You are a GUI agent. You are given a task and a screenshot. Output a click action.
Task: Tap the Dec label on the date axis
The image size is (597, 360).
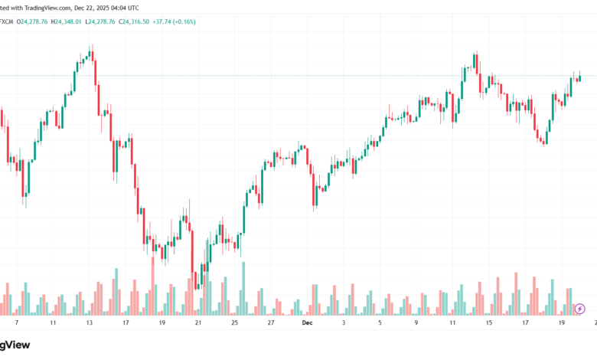(307, 323)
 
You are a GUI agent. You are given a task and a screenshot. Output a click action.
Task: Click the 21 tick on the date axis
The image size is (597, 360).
(198, 323)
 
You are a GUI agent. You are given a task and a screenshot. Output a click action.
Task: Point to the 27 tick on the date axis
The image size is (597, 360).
(271, 323)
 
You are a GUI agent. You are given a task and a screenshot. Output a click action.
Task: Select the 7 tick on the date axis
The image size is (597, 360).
(16, 323)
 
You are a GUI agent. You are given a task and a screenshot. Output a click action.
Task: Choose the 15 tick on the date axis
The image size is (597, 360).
(489, 323)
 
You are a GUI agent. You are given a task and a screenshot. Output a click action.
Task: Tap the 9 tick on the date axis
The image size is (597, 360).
(416, 323)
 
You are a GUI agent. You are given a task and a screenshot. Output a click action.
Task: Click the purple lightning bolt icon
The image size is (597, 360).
(579, 308)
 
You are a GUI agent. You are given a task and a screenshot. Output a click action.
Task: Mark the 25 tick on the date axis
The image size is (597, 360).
(235, 323)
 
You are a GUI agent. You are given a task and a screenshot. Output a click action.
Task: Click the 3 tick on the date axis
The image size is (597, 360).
(344, 323)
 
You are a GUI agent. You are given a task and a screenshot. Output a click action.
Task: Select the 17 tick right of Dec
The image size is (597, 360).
(525, 323)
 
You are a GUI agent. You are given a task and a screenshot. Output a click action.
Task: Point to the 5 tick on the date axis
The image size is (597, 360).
(380, 323)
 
